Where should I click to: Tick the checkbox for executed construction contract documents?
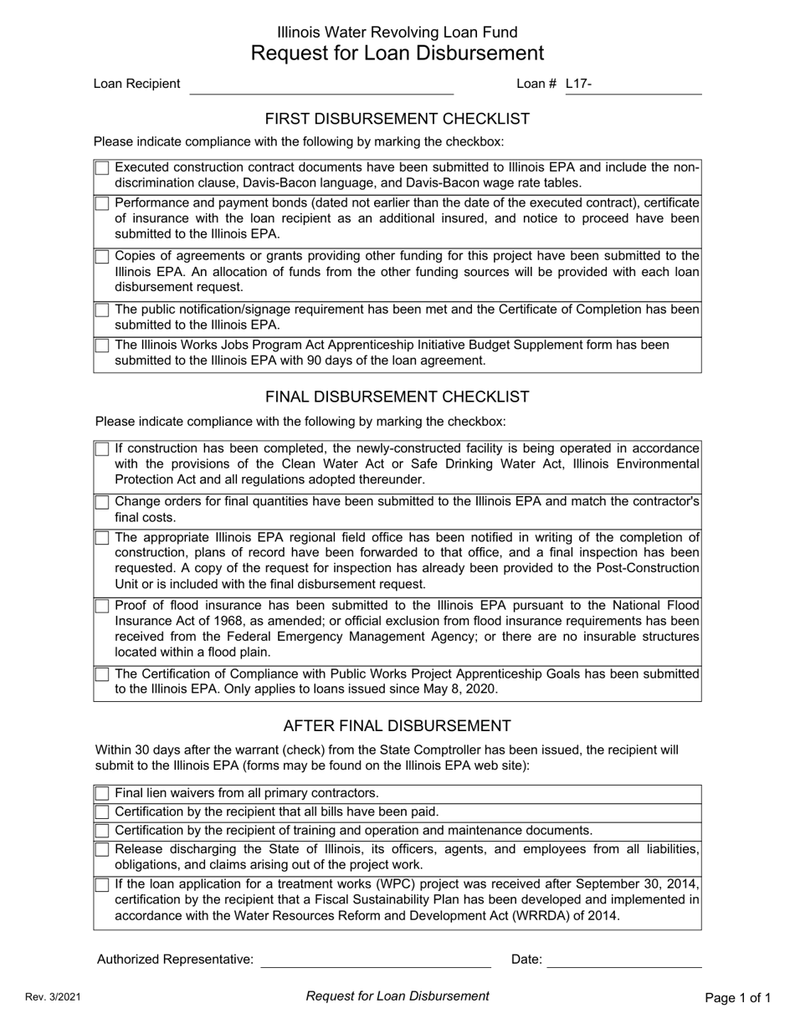(x=102, y=168)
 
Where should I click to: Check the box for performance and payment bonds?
(x=102, y=203)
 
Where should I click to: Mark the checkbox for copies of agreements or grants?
(x=102, y=256)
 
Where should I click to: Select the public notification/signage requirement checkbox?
(x=102, y=310)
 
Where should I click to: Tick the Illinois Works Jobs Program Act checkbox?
(x=102, y=346)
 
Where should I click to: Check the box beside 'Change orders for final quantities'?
(x=102, y=502)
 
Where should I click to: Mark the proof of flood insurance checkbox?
(x=102, y=606)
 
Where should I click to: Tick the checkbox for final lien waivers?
(x=102, y=793)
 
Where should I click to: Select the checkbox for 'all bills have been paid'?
(x=102, y=812)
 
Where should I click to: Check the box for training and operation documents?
(x=102, y=831)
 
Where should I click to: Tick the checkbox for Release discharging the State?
(x=102, y=850)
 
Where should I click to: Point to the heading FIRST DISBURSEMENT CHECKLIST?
(x=397, y=119)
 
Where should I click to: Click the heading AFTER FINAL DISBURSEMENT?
(x=397, y=725)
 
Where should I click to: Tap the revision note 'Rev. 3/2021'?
(x=53, y=997)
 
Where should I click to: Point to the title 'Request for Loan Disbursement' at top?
(x=397, y=54)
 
